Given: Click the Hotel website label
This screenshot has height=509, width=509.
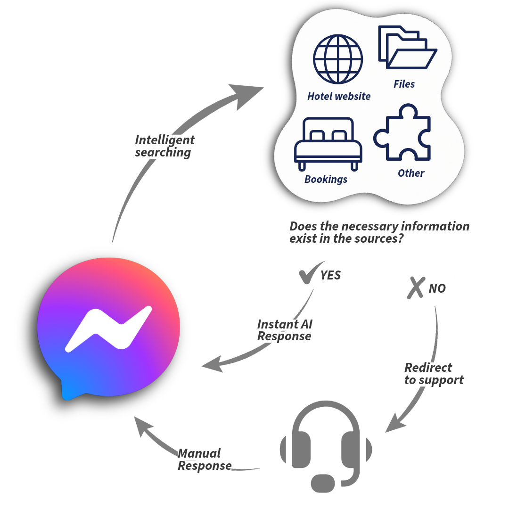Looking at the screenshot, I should point(339,96).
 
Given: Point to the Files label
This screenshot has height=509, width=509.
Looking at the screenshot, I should point(404,84).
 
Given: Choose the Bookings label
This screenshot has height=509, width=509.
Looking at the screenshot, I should point(326,179).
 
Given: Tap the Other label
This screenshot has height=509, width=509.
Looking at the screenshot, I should point(411,173).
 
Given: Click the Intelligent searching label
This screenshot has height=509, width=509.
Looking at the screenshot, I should point(164,146).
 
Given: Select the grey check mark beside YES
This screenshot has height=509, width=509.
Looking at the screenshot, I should point(310,273).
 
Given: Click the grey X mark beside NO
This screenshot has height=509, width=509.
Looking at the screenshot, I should point(416,287).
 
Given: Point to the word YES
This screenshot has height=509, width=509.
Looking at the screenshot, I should point(331,275).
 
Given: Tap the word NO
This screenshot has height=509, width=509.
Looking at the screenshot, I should point(437,288).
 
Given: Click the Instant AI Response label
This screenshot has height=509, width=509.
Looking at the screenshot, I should point(284,330).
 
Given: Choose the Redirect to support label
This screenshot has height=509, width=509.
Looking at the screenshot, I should point(434,374).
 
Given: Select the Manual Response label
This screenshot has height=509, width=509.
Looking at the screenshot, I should point(204,460).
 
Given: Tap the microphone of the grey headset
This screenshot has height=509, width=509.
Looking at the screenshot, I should point(323,483).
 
